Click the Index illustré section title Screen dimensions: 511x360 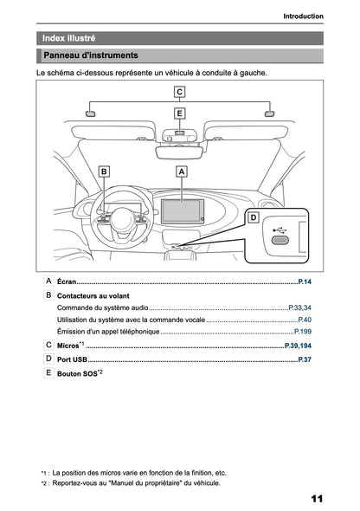click(x=69, y=38)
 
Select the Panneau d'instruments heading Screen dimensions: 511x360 click(x=90, y=55)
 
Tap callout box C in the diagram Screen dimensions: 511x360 click(x=179, y=91)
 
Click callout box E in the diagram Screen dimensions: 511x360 click(x=179, y=113)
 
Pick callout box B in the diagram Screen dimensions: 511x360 click(x=104, y=172)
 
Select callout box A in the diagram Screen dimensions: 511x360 click(x=182, y=172)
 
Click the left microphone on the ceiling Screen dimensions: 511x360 click(x=90, y=113)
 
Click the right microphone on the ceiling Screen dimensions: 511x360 click(x=269, y=113)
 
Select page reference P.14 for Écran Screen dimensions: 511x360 click(x=304, y=282)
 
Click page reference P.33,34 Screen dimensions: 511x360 click(x=299, y=307)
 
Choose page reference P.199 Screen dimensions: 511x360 click(x=302, y=332)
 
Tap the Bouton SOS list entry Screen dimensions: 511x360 click(x=80, y=373)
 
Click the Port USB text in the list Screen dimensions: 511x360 click(x=72, y=358)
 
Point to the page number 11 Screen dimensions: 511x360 click(x=316, y=498)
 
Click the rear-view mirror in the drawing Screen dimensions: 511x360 click(x=179, y=148)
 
